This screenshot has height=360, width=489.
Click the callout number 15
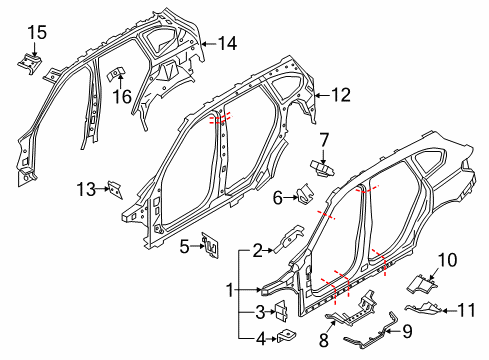pyautogui.click(x=36, y=33)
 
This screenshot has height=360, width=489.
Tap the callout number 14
pyautogui.click(x=228, y=43)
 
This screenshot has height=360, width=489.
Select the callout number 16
pyautogui.click(x=122, y=96)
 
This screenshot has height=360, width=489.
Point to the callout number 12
pyautogui.click(x=342, y=96)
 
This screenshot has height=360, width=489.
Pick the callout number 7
pyautogui.click(x=324, y=138)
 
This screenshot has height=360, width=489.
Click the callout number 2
pyautogui.click(x=257, y=251)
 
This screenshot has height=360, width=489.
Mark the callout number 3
pyautogui.click(x=257, y=311)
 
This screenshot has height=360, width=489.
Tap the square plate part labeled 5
pyautogui.click(x=211, y=244)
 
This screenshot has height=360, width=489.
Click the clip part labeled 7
pyautogui.click(x=321, y=166)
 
